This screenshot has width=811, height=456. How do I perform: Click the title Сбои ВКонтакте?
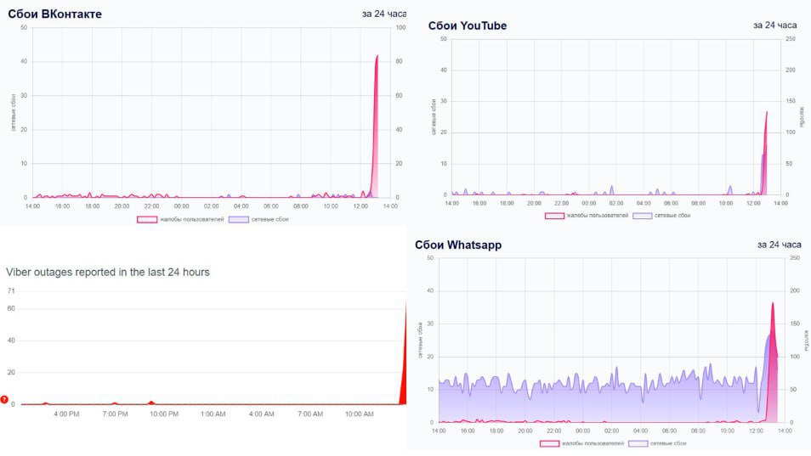[x=55, y=14]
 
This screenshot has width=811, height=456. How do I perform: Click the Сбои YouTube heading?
[x=467, y=25]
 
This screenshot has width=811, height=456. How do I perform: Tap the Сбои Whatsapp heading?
[x=458, y=245]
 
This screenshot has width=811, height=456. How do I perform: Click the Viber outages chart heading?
[x=108, y=272]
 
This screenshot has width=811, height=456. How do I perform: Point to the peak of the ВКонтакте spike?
[x=377, y=56]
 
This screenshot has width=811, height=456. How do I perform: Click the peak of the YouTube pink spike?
[x=766, y=112]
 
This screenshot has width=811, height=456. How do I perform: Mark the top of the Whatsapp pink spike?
[x=773, y=303]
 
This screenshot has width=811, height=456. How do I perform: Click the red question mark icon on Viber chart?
[x=4, y=400]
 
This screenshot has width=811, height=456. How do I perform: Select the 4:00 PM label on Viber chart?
[x=66, y=414]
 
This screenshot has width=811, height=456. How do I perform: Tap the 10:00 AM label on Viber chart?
[x=358, y=414]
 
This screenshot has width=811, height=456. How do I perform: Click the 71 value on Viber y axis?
[x=11, y=291]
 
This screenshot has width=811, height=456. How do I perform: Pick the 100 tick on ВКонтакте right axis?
[x=400, y=27]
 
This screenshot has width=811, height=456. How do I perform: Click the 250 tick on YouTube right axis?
[x=791, y=39]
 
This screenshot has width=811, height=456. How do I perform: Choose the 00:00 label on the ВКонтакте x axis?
[x=182, y=205]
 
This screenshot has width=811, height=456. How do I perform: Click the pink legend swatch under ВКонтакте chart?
[x=147, y=219]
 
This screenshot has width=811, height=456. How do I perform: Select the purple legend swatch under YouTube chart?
[x=643, y=216]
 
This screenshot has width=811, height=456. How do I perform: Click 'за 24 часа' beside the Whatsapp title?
[x=780, y=245]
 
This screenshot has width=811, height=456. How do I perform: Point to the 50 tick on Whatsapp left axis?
[x=431, y=257]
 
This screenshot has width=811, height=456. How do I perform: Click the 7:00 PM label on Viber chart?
[x=115, y=414]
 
